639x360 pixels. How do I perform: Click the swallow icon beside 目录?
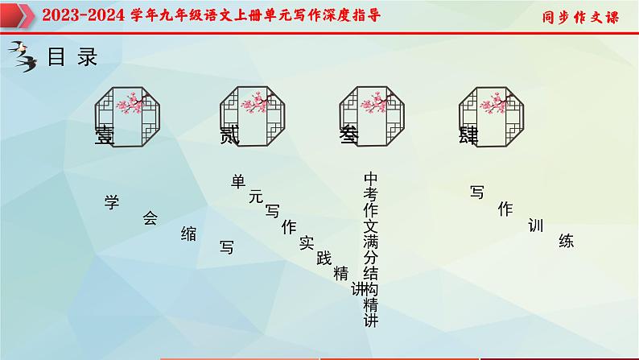coord(25,59)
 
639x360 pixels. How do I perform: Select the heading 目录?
coord(73,57)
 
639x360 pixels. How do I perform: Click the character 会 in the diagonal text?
coord(150,217)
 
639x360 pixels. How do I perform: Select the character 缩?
coord(188,234)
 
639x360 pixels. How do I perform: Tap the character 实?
coord(306,242)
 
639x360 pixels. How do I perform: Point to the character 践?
coord(324,258)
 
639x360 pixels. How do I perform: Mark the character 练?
coord(566,240)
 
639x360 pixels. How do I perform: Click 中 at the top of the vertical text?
coord(370,178)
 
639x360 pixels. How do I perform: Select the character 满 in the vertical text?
coord(370,242)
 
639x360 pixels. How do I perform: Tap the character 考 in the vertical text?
coord(370,194)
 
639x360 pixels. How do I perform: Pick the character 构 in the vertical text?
coord(370,289)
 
